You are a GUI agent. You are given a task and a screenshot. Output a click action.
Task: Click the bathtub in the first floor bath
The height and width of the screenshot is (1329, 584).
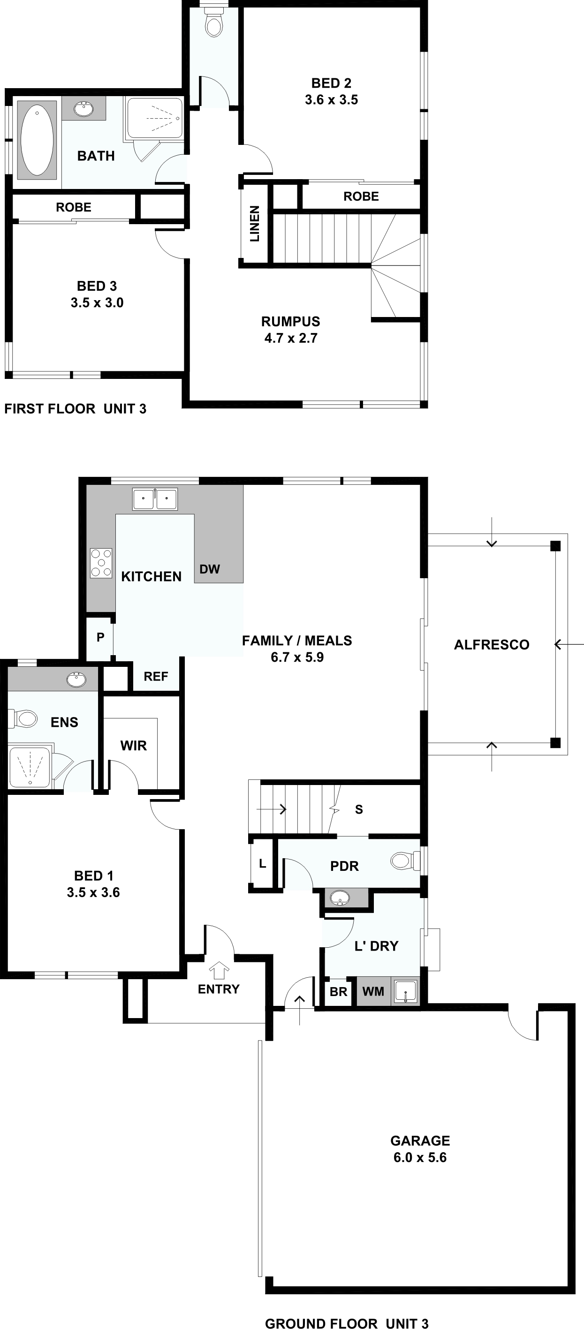tap(37, 140)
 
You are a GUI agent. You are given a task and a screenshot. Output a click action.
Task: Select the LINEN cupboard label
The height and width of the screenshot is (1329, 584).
tap(255, 224)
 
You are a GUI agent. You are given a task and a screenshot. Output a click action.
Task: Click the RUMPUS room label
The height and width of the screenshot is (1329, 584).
tap(290, 321)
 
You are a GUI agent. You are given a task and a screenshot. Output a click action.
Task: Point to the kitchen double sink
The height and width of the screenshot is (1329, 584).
tap(155, 499)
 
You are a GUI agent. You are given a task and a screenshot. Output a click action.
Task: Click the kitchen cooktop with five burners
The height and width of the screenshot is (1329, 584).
tap(101, 562)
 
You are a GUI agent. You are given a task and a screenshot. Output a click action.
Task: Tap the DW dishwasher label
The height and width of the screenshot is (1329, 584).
tap(210, 569)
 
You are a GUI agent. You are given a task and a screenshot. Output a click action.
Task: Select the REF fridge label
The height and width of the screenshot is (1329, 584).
tap(156, 676)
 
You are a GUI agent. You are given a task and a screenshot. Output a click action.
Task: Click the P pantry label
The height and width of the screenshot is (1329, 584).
tap(100, 637)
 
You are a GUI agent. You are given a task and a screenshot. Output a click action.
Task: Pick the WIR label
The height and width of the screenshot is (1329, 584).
tap(134, 746)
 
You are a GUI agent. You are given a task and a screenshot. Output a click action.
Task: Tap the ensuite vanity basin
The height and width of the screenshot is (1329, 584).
tap(77, 679)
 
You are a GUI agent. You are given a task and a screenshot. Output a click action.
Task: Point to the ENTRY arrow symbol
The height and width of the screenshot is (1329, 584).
tap(219, 970)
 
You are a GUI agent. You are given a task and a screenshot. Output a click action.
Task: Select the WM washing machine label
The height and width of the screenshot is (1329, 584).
tap(373, 991)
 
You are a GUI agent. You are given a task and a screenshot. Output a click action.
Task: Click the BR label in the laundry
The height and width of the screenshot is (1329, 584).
tap(338, 991)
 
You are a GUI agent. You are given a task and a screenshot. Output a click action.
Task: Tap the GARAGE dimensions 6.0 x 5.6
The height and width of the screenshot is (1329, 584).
tap(420, 1157)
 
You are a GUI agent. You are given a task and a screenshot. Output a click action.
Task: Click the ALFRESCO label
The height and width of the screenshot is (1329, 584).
tap(492, 644)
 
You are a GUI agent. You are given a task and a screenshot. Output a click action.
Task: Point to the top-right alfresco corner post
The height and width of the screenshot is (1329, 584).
tap(555, 546)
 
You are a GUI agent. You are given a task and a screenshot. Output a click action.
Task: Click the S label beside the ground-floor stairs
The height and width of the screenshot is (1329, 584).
tap(359, 809)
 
